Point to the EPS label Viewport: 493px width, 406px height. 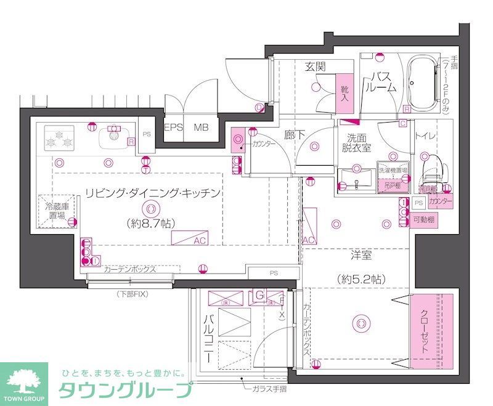point(173,128)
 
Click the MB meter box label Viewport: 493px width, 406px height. point(202,128)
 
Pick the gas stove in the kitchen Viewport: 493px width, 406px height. point(59,138)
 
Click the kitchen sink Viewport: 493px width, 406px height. point(113,136)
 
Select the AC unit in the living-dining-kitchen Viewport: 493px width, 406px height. point(191,240)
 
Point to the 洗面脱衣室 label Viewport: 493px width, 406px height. point(357,143)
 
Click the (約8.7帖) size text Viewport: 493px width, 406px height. point(149,223)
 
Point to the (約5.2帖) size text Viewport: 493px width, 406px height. point(361,278)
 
